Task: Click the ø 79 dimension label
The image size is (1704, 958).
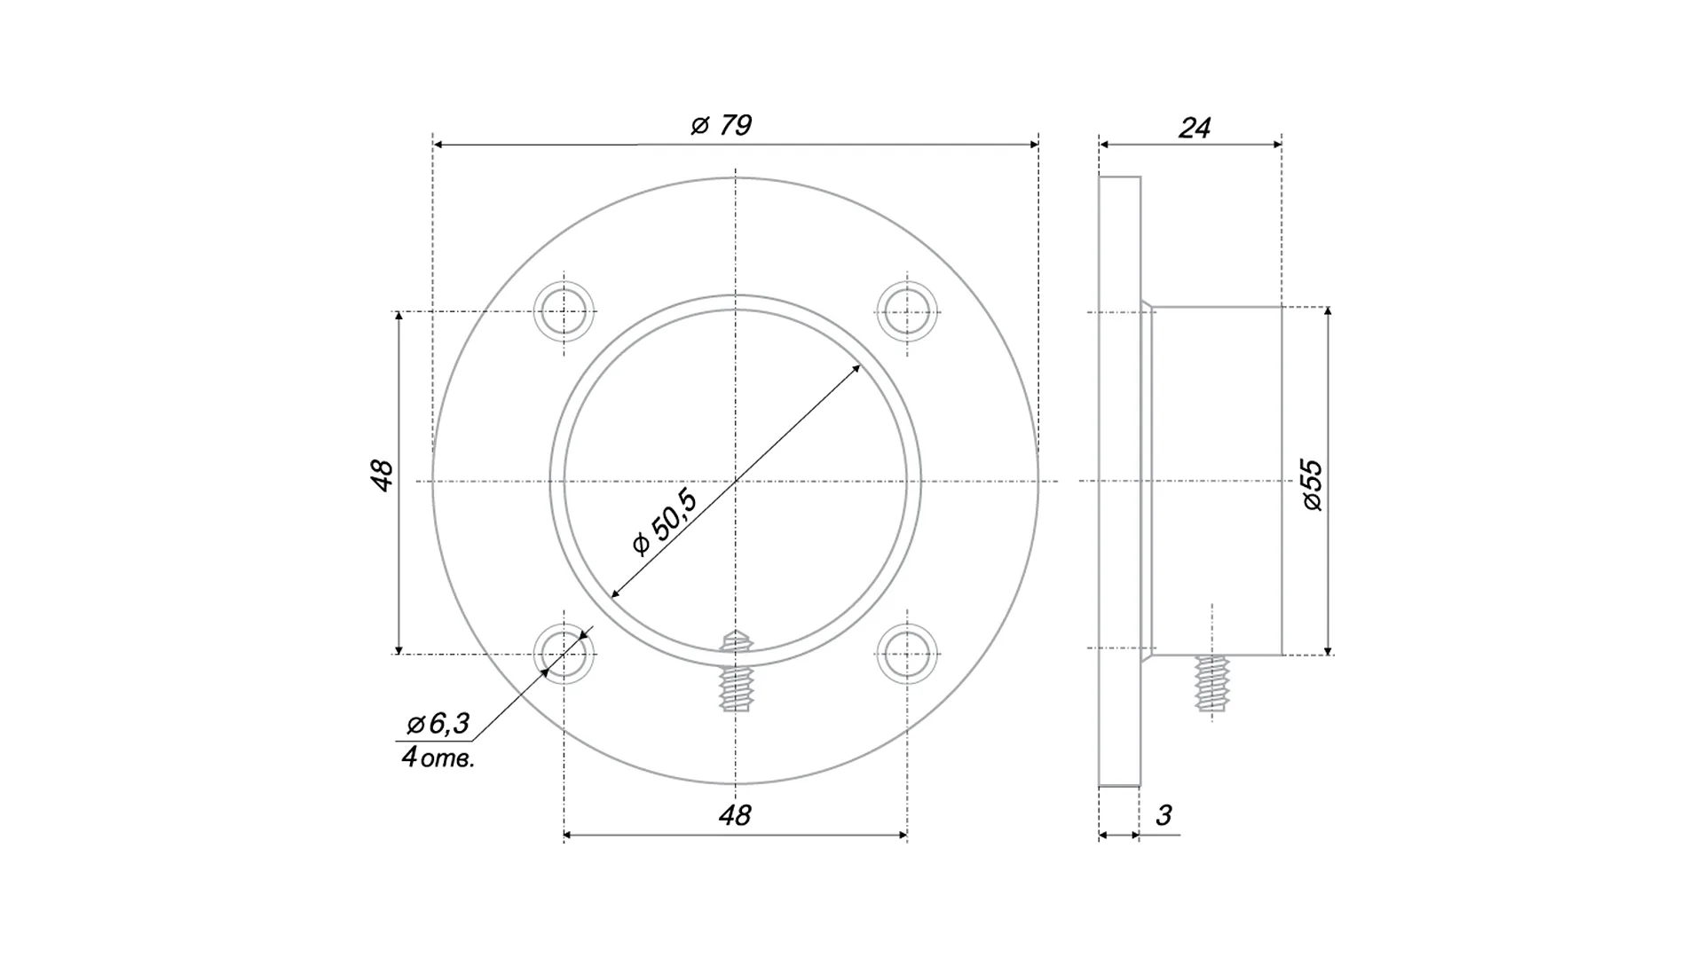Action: [x=722, y=125]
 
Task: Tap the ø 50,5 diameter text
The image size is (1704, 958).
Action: [x=665, y=522]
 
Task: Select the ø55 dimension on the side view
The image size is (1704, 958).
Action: [x=1312, y=484]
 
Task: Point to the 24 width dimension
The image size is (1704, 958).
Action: [x=1194, y=128]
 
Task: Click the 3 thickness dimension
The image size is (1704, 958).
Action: [x=1164, y=814]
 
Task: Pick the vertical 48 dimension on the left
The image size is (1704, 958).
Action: [x=383, y=475]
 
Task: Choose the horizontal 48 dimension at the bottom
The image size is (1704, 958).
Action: [x=735, y=815]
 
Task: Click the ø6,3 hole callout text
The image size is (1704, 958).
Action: [x=438, y=724]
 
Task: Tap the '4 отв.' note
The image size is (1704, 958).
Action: [x=438, y=758]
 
